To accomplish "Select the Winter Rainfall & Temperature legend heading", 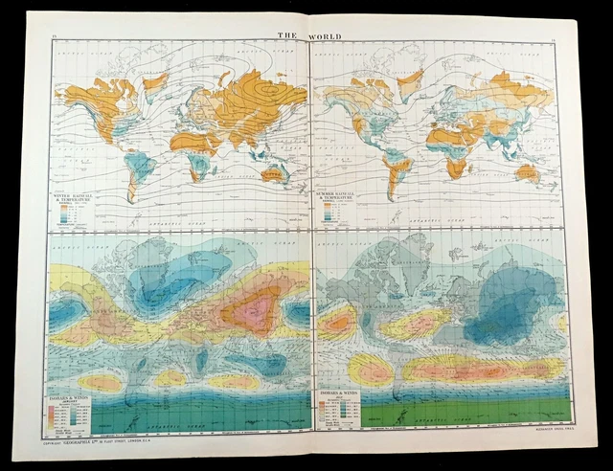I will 80,197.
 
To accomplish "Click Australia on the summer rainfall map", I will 526,173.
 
